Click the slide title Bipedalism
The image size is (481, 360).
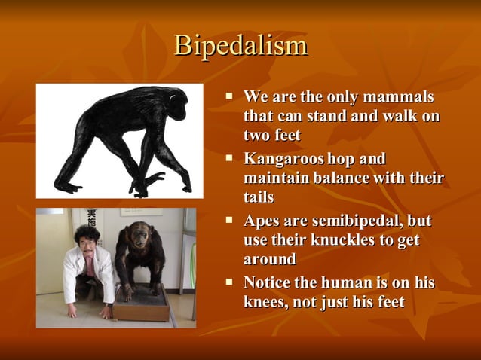tap(240, 46)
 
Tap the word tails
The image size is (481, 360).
tap(258, 197)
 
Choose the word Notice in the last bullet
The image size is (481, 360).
tap(268, 283)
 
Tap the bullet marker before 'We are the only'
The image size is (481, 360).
tap(231, 97)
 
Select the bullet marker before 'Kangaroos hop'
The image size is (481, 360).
tap(231, 159)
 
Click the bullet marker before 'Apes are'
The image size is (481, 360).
tap(231, 221)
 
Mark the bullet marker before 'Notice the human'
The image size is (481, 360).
tap(231, 282)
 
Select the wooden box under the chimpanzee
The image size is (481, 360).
tap(142, 302)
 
